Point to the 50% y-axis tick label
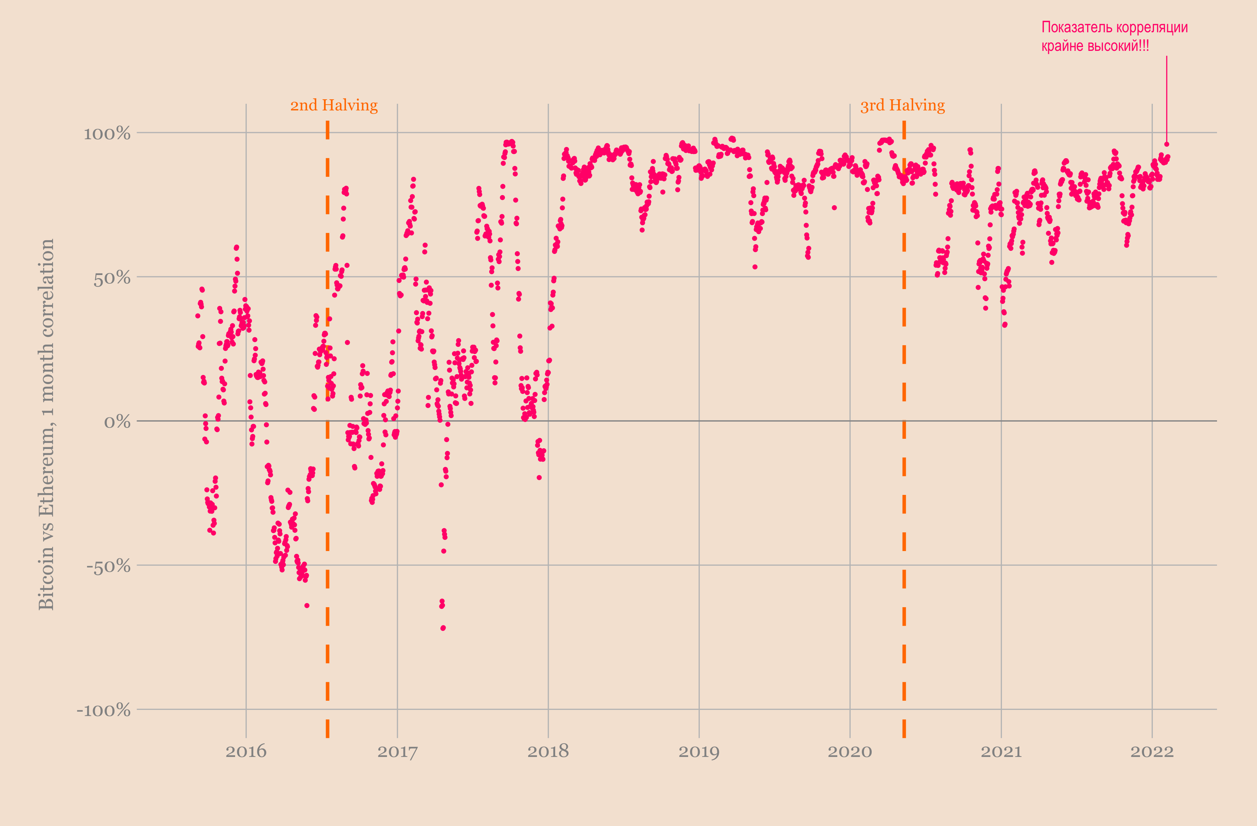[112, 278]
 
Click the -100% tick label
[104, 710]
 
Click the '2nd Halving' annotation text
[334, 106]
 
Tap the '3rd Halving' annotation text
[903, 106]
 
